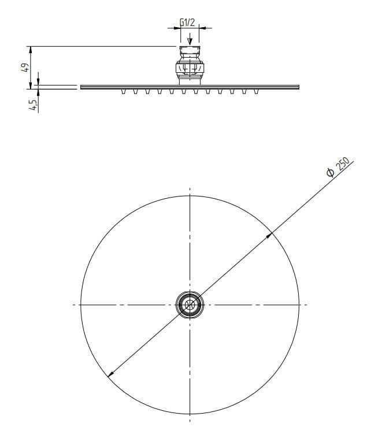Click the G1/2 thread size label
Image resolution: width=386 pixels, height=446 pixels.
[188, 22]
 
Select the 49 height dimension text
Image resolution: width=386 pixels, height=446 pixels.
[24, 68]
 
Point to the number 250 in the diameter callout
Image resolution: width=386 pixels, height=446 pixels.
[344, 165]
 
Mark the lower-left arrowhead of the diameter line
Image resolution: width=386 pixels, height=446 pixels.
[110, 375]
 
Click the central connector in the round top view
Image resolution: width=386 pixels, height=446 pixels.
[190, 304]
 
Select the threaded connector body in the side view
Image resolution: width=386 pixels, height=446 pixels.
[190, 64]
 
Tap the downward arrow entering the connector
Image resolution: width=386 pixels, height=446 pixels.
[190, 41]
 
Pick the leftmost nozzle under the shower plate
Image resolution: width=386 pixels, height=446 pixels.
[123, 91]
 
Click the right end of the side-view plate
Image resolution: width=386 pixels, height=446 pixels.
[299, 87]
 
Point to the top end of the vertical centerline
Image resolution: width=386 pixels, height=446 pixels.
[190, 187]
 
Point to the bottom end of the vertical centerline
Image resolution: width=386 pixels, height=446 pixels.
[190, 423]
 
